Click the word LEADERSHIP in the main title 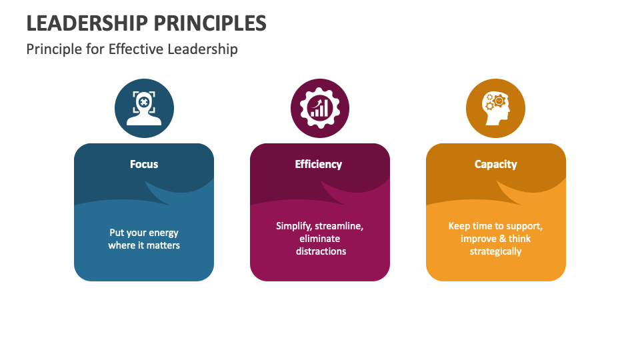pos(87,23)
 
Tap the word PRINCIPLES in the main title pos(210,23)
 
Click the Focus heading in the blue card pos(144,164)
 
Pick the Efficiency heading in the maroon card pos(319,164)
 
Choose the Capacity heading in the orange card pos(495,164)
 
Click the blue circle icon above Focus pos(144,108)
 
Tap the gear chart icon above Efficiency pos(320,108)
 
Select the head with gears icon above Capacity pos(495,108)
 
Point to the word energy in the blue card pos(163,233)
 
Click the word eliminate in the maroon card pos(320,239)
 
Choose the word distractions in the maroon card pos(320,251)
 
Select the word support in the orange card pos(524,226)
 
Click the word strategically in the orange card pos(495,251)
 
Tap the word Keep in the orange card pos(459,226)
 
